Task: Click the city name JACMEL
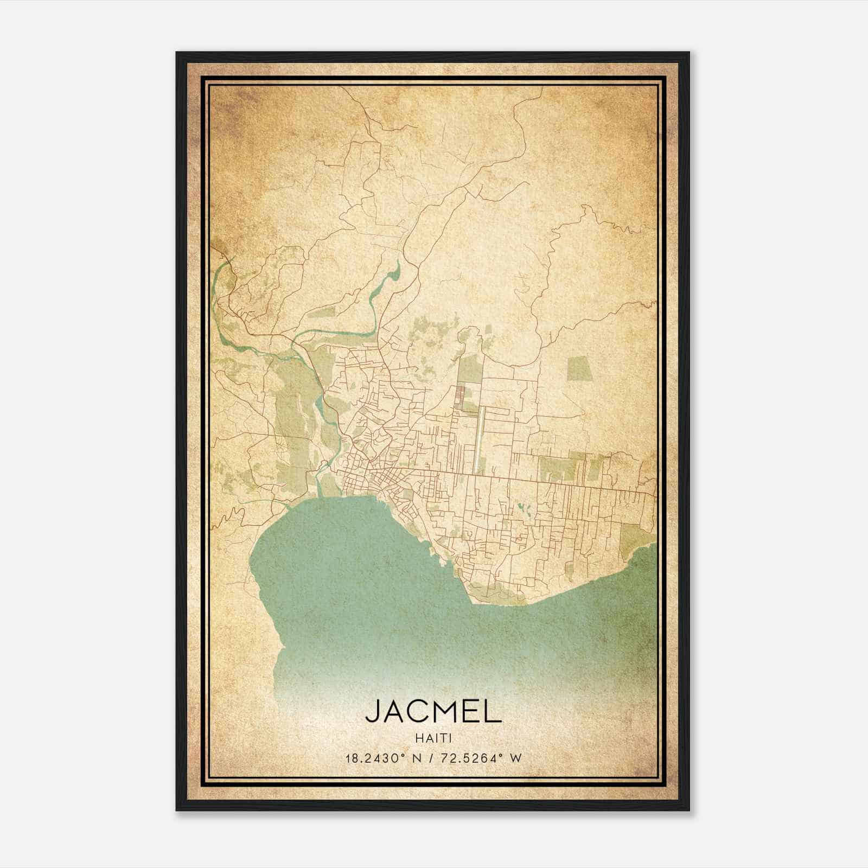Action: click(x=433, y=711)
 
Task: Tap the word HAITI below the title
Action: click(x=433, y=738)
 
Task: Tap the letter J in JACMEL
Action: click(x=373, y=711)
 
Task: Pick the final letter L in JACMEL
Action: click(x=493, y=711)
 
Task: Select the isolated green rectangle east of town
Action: click(x=580, y=370)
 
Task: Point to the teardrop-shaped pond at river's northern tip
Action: click(x=396, y=270)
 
